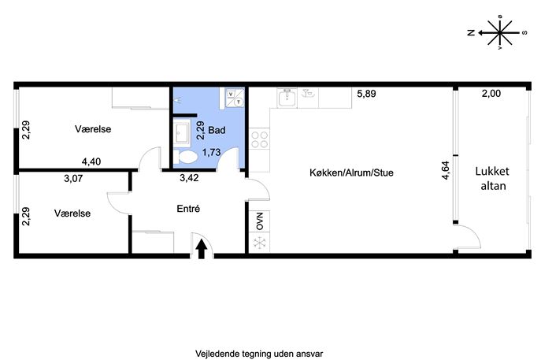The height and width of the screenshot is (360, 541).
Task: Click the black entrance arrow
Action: [x=202, y=249]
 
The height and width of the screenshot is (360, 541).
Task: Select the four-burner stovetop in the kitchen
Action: [x=259, y=139]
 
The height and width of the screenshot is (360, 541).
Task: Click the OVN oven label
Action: [x=260, y=221]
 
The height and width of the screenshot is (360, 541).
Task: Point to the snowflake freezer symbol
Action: [x=259, y=243]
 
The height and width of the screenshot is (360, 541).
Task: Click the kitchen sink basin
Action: [x=287, y=98]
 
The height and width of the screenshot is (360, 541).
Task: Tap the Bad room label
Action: [x=217, y=130]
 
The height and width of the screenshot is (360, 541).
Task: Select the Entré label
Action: [x=188, y=209]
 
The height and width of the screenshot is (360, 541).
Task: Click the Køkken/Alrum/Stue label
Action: [x=351, y=173]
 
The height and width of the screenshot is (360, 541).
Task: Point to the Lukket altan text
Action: [x=493, y=179]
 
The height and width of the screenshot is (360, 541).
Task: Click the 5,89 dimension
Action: [x=366, y=94]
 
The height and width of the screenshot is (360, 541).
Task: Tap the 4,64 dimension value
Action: [x=446, y=170]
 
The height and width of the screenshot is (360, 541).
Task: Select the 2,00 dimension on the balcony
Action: [x=491, y=93]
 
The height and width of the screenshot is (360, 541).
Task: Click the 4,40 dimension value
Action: [x=91, y=161]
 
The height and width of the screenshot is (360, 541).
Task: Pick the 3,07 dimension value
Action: [x=73, y=179]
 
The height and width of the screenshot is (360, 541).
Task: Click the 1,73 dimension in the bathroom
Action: [x=211, y=152]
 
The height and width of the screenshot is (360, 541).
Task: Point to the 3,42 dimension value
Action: [x=189, y=178]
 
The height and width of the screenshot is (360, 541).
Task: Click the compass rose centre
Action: [x=500, y=33]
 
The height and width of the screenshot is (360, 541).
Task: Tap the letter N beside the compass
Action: [x=471, y=33]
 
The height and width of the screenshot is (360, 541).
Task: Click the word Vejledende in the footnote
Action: [x=212, y=354]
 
